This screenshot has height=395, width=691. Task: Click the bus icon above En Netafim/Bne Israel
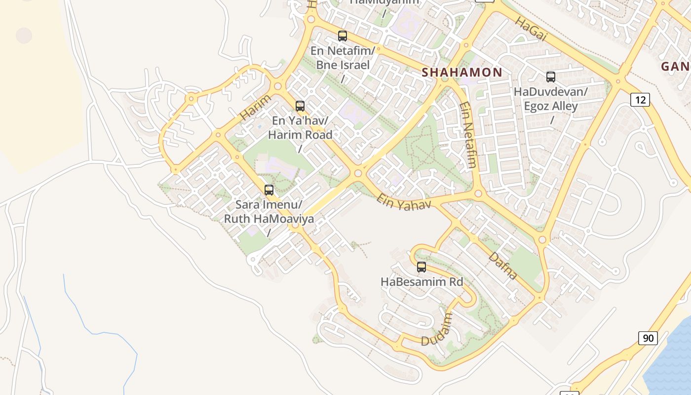[x=342, y=36]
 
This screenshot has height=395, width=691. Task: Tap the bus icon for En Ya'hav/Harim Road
[x=300, y=106]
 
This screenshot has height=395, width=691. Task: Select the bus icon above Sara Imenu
[x=269, y=190]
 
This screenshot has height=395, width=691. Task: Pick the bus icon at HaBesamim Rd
[x=421, y=267]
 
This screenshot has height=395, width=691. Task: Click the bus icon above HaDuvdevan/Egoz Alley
[x=550, y=77]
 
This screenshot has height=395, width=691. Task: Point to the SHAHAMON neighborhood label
[x=461, y=72]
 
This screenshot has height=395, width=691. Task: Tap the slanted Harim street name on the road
[x=256, y=107]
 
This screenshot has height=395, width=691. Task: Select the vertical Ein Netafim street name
[x=467, y=135]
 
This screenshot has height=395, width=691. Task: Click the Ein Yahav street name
[x=403, y=202]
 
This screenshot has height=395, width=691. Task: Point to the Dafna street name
[x=503, y=266]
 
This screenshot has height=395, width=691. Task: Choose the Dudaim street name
[x=437, y=329]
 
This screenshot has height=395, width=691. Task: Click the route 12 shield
[x=640, y=100]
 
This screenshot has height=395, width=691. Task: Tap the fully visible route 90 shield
[x=648, y=338]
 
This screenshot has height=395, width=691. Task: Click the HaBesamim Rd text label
[x=422, y=281]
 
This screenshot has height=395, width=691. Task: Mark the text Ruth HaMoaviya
[x=269, y=218]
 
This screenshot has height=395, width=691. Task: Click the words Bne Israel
[x=343, y=65]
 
